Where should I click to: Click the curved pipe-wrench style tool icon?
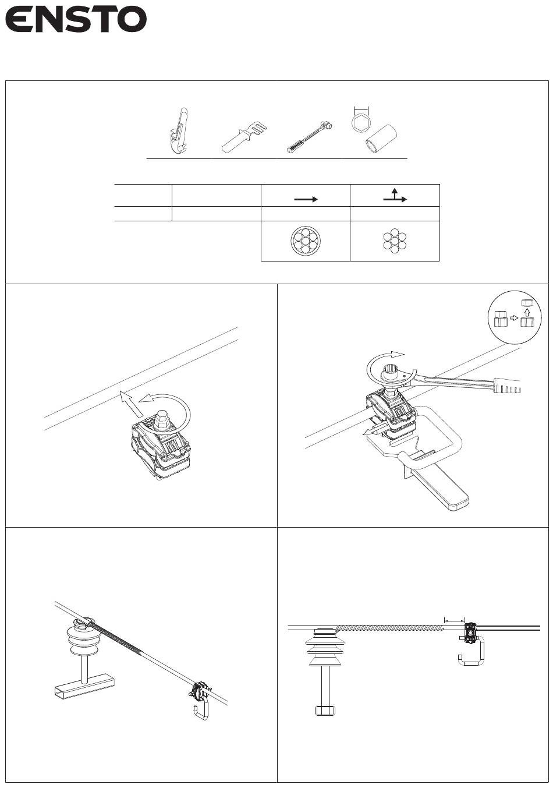(179, 131)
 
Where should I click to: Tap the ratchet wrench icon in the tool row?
(310, 137)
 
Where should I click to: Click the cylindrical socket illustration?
(381, 139)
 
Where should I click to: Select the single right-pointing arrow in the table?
(306, 199)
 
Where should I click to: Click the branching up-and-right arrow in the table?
(395, 195)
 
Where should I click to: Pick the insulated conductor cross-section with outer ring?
(306, 241)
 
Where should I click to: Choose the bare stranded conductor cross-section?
(395, 241)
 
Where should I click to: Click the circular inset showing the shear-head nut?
(515, 317)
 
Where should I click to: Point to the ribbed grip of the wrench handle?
(506, 386)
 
